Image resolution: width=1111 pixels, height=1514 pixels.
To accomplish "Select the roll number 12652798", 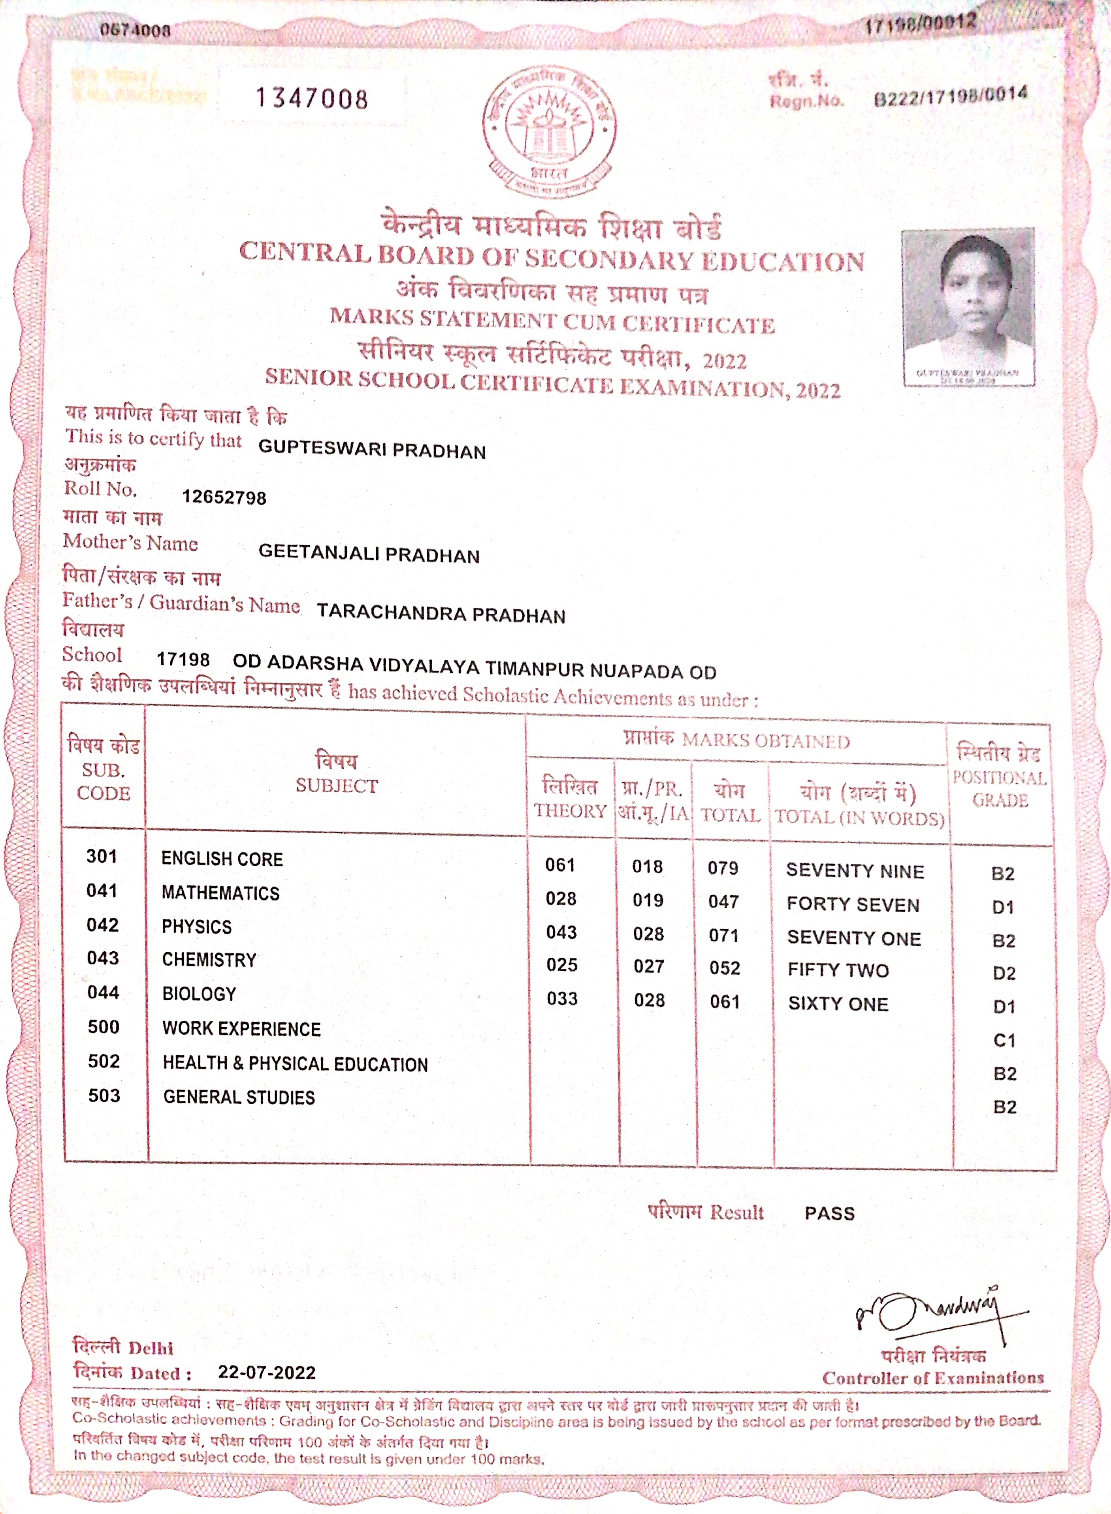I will (224, 498).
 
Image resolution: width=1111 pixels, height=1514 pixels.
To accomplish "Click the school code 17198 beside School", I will (183, 660).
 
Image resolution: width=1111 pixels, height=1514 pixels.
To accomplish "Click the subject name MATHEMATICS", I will (220, 893).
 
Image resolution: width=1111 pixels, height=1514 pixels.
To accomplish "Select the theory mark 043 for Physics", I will (561, 932).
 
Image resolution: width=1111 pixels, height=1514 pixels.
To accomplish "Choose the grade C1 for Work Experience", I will (1004, 1041).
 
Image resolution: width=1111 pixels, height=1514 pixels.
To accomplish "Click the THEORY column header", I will (570, 810).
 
